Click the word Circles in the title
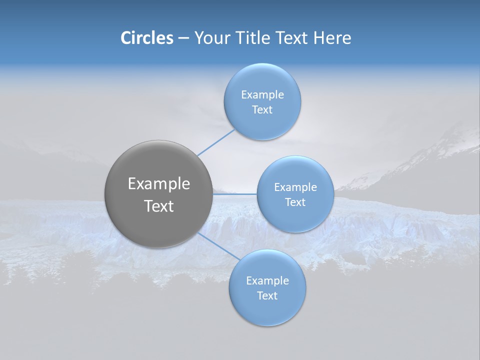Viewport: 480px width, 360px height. (x=146, y=38)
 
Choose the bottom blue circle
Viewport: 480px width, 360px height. (x=267, y=309)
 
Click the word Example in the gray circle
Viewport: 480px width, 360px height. (x=159, y=184)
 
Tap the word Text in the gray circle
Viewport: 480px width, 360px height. (x=159, y=206)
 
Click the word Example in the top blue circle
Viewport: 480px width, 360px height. (x=262, y=95)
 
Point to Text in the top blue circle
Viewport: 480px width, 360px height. (x=262, y=110)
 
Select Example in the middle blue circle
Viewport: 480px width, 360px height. (x=295, y=187)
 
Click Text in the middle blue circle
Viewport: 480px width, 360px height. (x=295, y=202)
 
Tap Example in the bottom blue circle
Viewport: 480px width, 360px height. (x=267, y=281)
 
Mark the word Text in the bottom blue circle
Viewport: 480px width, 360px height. (x=267, y=296)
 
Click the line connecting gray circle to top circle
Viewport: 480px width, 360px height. (x=216, y=142)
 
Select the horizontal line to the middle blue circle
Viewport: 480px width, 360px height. (x=235, y=193)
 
